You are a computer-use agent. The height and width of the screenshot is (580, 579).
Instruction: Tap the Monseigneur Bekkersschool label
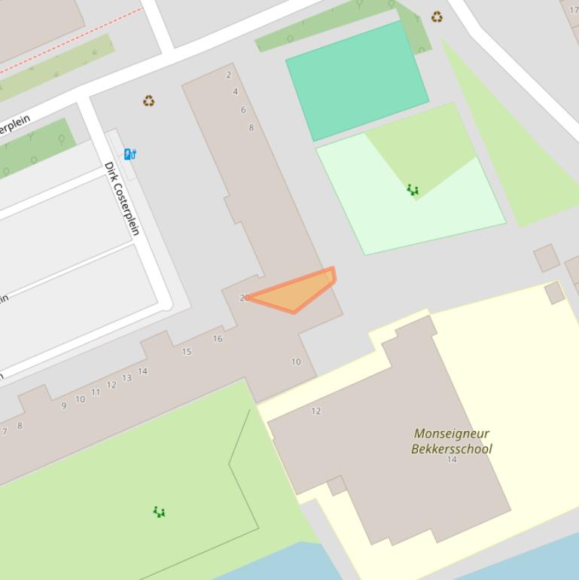[452, 441]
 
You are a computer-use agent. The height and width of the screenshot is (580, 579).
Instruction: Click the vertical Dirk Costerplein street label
[122, 198]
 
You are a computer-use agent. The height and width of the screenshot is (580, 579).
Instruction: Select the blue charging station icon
[130, 154]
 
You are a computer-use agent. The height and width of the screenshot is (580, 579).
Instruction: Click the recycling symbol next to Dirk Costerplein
[149, 101]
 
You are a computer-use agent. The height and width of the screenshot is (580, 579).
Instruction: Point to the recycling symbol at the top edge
[437, 17]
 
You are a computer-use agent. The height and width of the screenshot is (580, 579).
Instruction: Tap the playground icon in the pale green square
[413, 190]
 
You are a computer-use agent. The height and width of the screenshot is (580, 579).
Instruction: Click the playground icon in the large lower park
[159, 512]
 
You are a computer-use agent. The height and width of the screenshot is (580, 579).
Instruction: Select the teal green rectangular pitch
[357, 79]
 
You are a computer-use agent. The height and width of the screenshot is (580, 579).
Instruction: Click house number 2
[229, 75]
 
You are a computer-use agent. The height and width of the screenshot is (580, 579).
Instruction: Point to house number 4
[236, 92]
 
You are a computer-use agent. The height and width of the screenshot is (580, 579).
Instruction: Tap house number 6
[243, 110]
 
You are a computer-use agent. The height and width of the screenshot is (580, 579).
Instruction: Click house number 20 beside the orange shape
[244, 298]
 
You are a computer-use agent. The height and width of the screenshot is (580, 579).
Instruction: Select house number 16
[218, 339]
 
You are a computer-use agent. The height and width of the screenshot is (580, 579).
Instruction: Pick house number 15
[187, 352]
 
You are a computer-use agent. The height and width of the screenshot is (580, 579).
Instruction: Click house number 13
[126, 378]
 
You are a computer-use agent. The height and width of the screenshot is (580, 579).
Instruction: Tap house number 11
[96, 392]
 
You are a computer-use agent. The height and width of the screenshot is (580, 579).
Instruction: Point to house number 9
[64, 406]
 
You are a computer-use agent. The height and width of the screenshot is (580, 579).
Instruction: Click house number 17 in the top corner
[574, 11]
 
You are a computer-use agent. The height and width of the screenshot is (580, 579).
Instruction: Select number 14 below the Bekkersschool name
[452, 459]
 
